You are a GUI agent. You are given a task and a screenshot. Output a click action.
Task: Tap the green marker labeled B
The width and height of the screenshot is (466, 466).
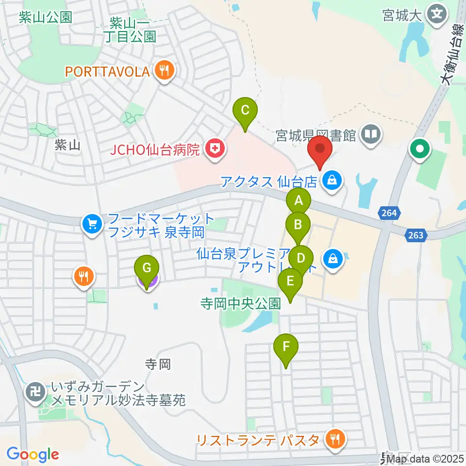pos(298,225)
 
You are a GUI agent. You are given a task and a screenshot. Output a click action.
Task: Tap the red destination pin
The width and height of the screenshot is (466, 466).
pos(320,149)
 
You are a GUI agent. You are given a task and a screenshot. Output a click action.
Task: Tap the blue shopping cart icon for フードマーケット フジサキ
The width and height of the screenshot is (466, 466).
pos(92,224)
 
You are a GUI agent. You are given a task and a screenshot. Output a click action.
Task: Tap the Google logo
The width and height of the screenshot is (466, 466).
pos(33,454)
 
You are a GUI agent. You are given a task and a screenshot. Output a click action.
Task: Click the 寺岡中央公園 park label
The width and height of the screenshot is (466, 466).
pos(240,304)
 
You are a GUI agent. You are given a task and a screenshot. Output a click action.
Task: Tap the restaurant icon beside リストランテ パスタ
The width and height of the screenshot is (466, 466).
pos(334,440)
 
